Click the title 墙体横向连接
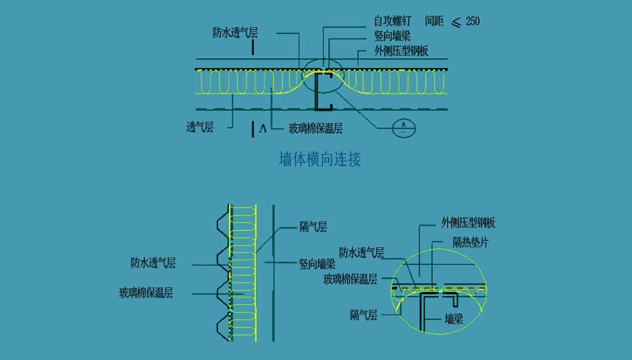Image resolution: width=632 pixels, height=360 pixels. click(x=319, y=160)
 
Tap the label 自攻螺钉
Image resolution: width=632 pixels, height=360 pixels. click(x=392, y=21)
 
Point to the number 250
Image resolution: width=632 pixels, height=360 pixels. click(x=472, y=21)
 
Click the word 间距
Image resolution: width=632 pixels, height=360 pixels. click(x=434, y=21)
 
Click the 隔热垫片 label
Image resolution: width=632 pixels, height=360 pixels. click(x=470, y=242)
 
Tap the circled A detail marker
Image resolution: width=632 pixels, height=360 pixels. click(x=404, y=127)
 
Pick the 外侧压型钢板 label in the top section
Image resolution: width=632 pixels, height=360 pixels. click(x=401, y=51)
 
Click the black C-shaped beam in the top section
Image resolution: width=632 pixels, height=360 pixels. click(x=322, y=91)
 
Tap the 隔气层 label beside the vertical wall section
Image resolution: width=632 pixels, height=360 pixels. click(x=313, y=227)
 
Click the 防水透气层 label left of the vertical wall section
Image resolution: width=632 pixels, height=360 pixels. click(x=154, y=262)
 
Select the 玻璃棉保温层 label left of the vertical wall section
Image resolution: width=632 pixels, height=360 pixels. click(x=145, y=293)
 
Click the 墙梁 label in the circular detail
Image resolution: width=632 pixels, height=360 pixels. click(x=454, y=319)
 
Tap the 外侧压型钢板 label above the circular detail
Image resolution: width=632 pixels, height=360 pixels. click(x=468, y=223)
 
